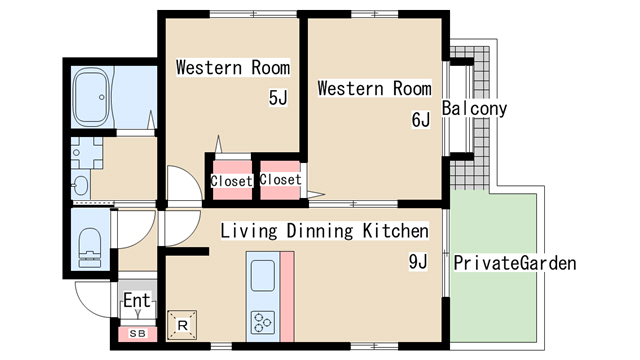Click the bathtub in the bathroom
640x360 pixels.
92,96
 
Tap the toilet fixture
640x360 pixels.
90,247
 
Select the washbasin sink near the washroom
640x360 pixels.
81,186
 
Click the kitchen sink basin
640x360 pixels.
263,276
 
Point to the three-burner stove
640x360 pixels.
262,322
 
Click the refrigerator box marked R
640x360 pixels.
182,325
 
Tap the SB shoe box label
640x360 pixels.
137,333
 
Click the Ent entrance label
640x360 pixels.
137,300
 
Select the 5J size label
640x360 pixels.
278,98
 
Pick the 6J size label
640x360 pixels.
420,119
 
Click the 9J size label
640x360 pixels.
418,261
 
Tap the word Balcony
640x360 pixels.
474,109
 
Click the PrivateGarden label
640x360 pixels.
515,263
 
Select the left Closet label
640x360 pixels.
231,181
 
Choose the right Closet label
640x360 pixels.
280,179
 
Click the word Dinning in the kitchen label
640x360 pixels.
320,231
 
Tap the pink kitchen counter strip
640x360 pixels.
287,297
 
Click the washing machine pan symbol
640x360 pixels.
87,153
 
